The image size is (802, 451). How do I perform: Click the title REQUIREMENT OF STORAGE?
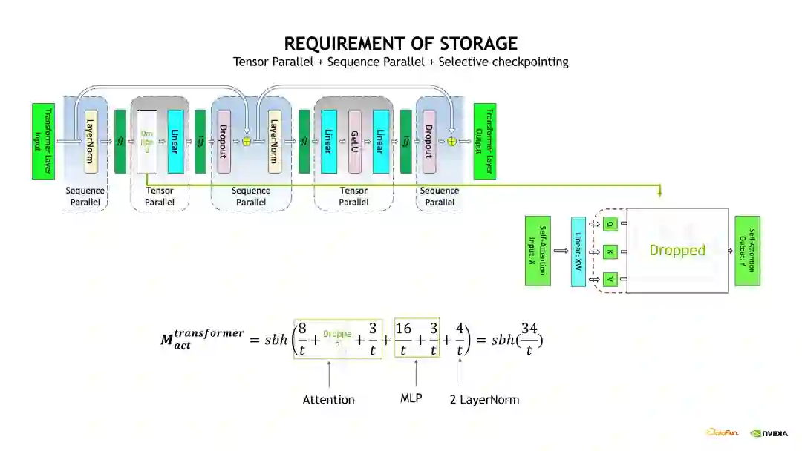[x=401, y=43]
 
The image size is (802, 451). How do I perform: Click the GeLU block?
[x=354, y=141]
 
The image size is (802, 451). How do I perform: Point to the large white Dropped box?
[x=677, y=250]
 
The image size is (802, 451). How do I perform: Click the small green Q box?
[x=610, y=223]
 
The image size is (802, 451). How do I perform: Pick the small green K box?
[x=610, y=251]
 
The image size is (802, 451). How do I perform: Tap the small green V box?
[x=610, y=279]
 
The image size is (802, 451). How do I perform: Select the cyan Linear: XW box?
[x=578, y=251]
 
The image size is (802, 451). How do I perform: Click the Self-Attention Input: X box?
[x=538, y=251]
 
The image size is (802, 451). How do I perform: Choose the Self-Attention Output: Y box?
[x=747, y=251]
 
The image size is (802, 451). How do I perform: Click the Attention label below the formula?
[x=328, y=400]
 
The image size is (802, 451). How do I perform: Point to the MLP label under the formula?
[x=411, y=398]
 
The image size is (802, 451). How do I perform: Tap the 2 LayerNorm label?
[x=484, y=400]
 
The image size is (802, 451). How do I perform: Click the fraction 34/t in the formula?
[x=529, y=338]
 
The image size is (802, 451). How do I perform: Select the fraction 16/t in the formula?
[x=403, y=338]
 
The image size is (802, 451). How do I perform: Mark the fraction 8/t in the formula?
[x=302, y=338]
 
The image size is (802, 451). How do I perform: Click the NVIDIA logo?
[x=769, y=433]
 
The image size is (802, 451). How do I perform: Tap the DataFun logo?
[x=722, y=432]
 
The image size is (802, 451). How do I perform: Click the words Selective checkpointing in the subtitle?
[x=503, y=62]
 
